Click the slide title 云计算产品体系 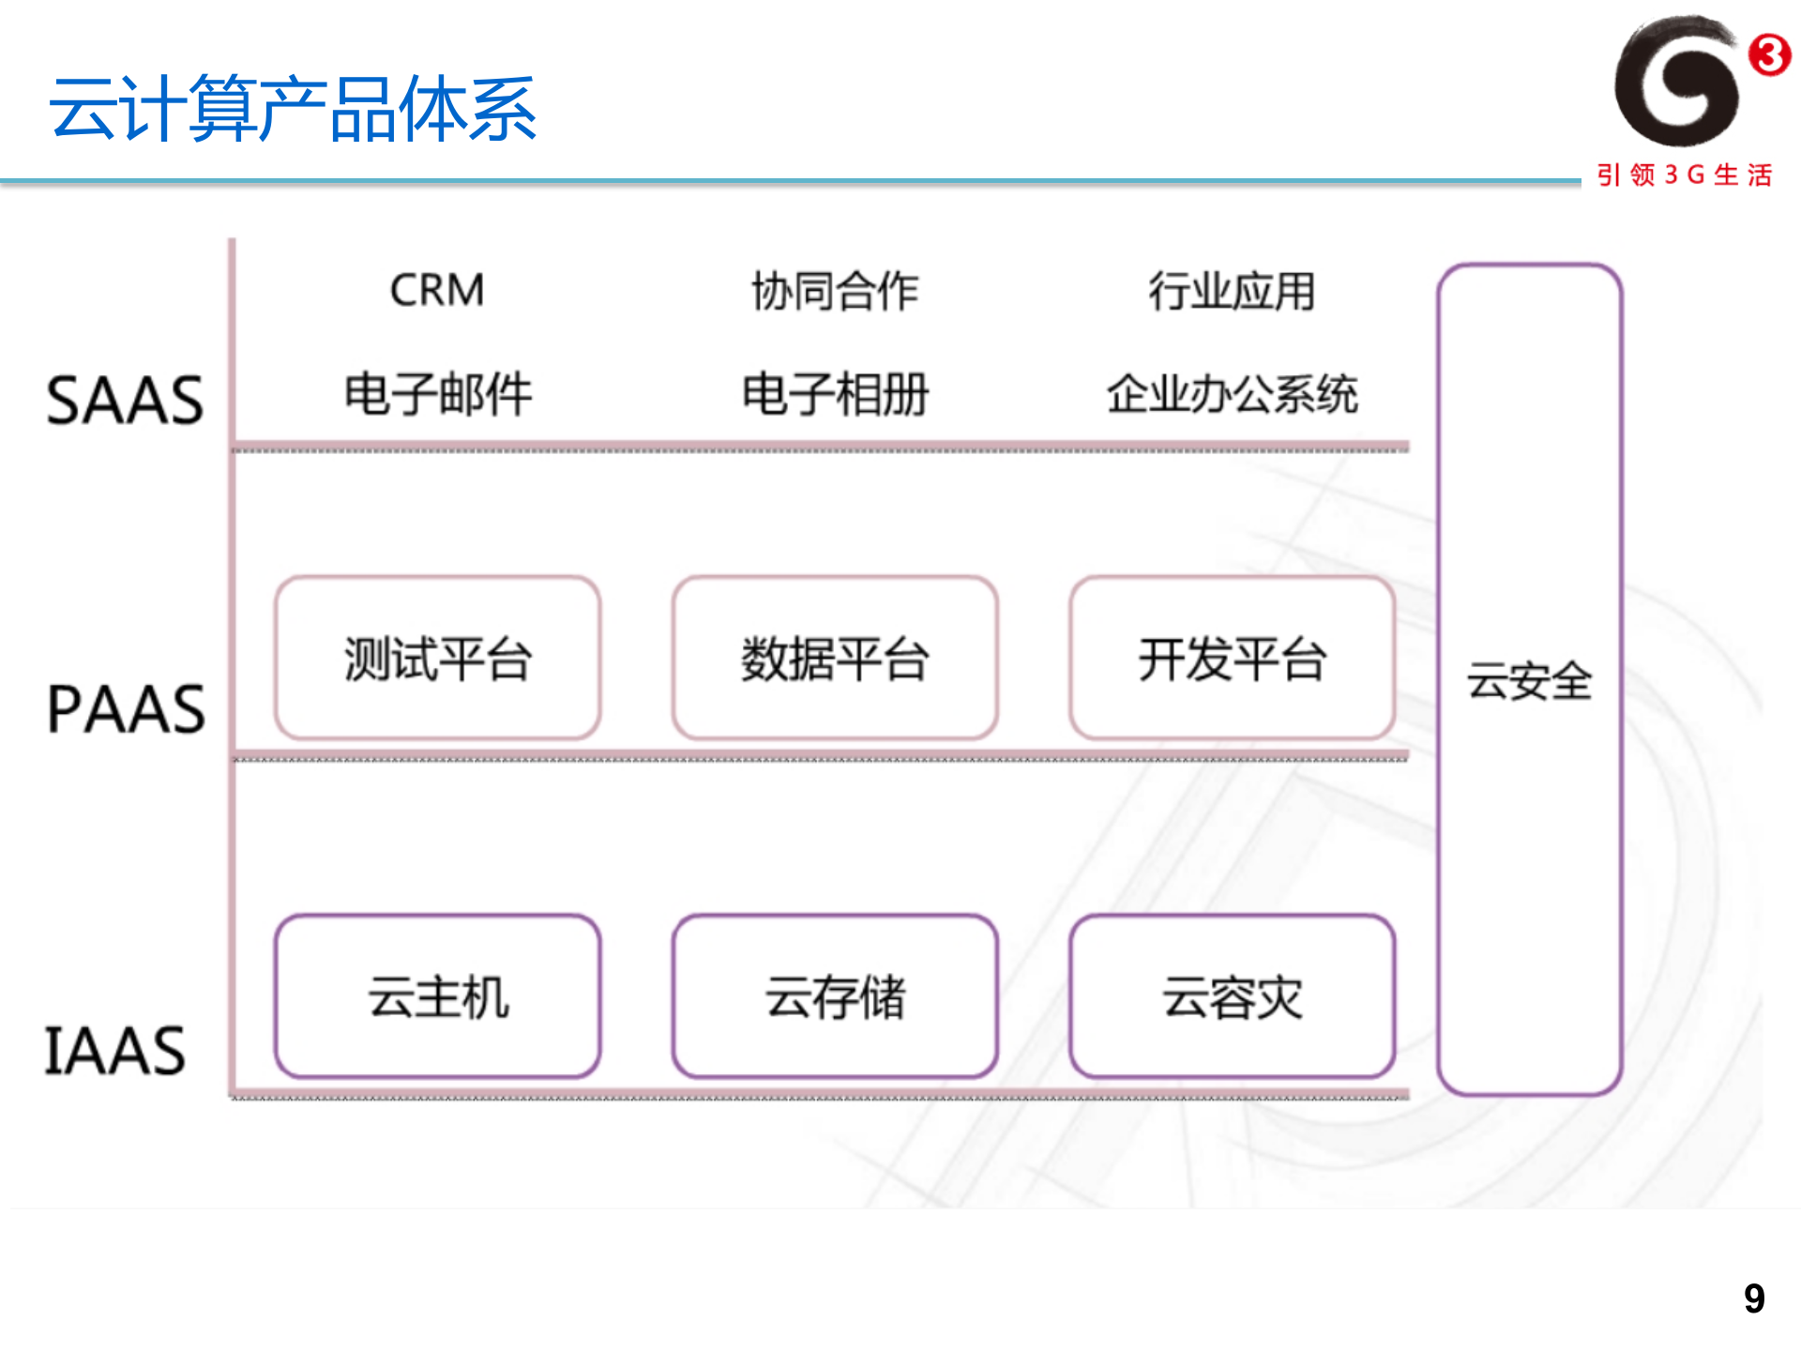click(293, 110)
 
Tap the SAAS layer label click(125, 401)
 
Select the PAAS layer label click(126, 709)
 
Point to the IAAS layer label click(115, 1051)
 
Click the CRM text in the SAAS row click(437, 290)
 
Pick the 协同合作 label click(835, 291)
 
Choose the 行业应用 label click(1232, 291)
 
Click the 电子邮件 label click(438, 394)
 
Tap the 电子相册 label click(835, 394)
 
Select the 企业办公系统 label click(1232, 394)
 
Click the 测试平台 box click(438, 659)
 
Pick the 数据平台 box click(835, 659)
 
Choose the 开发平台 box click(1233, 659)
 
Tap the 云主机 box click(438, 996)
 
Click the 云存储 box click(835, 996)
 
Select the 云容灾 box click(1233, 996)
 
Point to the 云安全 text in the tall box click(1530, 681)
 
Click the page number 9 click(1754, 1299)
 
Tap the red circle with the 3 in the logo click(1770, 54)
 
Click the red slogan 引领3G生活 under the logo click(1685, 175)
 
